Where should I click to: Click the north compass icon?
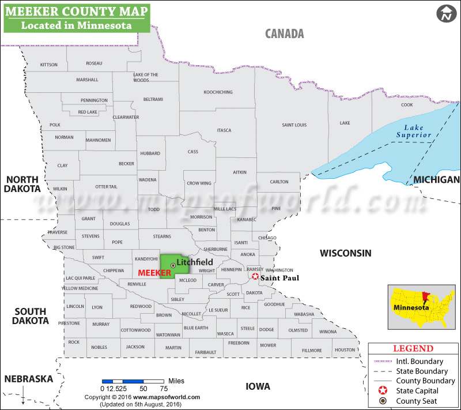(445, 14)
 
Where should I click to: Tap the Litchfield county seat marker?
(173, 265)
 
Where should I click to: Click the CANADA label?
(284, 33)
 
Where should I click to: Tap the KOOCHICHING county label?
(218, 92)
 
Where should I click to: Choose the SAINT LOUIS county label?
(294, 125)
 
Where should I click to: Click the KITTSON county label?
(49, 65)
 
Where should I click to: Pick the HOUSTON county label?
(345, 350)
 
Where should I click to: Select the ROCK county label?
(74, 342)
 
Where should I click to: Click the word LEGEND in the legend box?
(413, 348)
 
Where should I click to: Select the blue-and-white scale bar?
(133, 381)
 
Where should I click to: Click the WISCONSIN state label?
(345, 253)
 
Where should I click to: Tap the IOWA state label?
(258, 386)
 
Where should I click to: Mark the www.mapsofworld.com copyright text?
(142, 397)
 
